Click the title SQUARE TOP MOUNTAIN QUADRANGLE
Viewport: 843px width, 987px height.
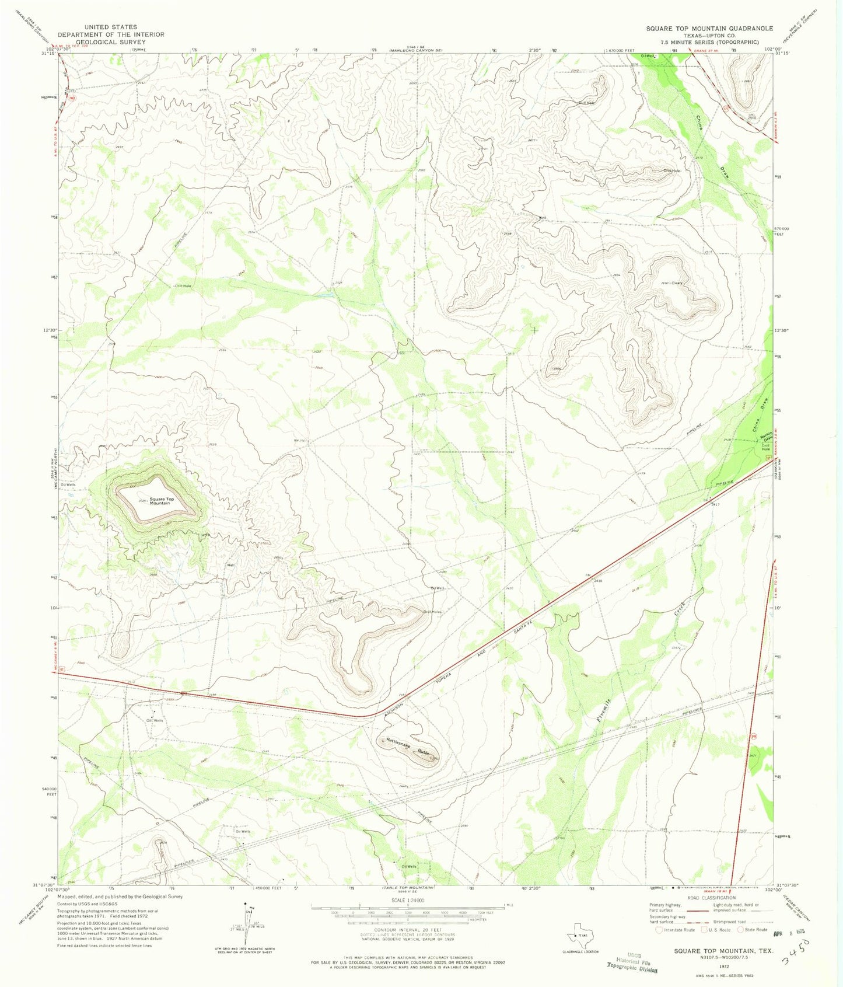click(x=709, y=28)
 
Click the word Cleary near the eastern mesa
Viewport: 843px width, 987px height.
click(x=676, y=283)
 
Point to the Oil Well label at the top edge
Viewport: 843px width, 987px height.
click(x=649, y=56)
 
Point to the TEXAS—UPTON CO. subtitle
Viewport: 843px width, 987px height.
click(x=709, y=35)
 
